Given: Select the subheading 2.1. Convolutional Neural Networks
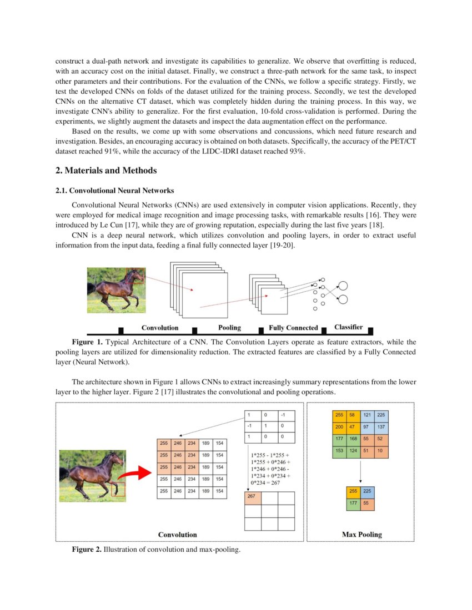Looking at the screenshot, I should [115, 191].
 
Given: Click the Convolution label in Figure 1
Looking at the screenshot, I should [160, 328].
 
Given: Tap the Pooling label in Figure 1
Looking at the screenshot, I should [229, 328].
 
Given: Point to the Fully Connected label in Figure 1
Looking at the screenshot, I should [293, 328].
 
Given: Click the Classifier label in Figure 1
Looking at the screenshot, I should [349, 327].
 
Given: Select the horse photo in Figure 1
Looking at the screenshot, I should [116, 290].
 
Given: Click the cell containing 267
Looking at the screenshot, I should [253, 497].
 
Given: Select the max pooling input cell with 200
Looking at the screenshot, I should [339, 428].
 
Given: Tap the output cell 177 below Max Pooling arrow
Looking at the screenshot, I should [352, 504].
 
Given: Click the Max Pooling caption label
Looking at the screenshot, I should [361, 535].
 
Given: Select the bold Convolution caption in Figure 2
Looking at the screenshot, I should [177, 535].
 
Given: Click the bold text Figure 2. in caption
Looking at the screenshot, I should [87, 550].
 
